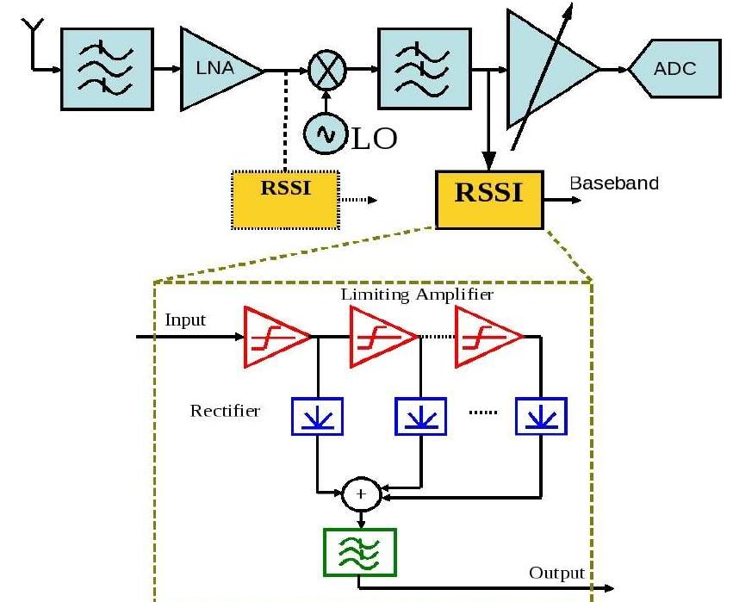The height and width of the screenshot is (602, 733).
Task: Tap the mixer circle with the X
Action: coord(326,69)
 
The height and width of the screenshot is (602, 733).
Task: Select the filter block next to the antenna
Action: coord(107,69)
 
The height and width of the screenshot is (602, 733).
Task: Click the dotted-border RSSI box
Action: coord(284,199)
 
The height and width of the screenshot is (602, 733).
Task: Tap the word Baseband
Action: coord(614,183)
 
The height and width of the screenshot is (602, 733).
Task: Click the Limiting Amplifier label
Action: coord(417,295)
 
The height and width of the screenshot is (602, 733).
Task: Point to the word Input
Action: coord(185,320)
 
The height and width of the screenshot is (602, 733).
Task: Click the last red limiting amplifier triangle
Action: coord(486,336)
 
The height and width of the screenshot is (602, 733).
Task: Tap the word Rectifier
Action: coord(225,411)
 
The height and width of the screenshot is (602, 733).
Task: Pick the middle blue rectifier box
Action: coord(420,416)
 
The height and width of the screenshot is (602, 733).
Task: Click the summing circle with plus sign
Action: coord(361,494)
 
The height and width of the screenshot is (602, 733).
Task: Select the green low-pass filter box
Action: coord(360,552)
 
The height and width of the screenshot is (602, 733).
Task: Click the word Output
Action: coord(557,573)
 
